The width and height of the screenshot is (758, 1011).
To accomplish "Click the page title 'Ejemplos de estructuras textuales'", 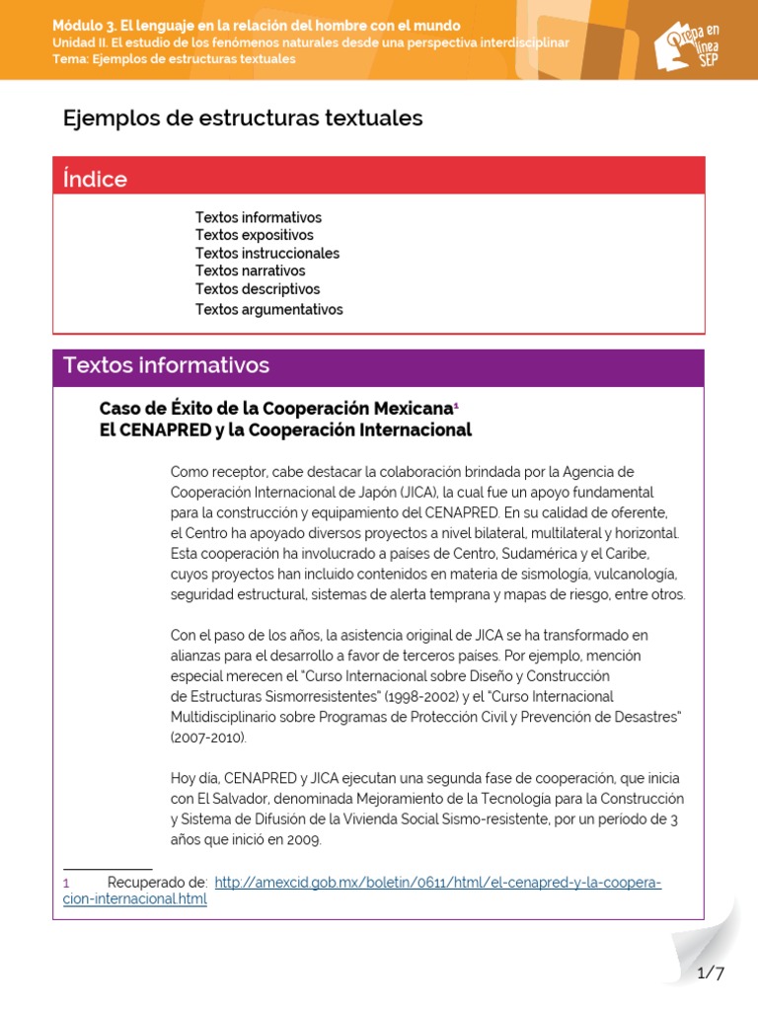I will [243, 118].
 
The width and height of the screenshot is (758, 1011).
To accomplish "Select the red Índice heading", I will [95, 179].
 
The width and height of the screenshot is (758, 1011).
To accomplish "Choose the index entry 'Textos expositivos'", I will [254, 235].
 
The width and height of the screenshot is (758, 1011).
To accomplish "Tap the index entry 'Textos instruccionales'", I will [266, 253].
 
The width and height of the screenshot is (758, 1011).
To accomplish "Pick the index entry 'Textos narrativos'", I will [250, 271].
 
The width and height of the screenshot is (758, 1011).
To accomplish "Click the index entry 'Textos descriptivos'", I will [257, 289].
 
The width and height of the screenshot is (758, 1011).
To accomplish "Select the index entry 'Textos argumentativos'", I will [268, 309].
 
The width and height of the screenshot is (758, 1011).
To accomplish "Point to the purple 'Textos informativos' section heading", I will [166, 365].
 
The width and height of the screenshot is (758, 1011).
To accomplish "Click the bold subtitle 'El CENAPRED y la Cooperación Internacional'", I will [285, 430].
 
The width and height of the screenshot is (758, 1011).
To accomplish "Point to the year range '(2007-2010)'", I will [208, 738].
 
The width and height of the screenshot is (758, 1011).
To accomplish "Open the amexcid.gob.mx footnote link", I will [437, 883].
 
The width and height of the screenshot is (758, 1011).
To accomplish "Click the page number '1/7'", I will [711, 973].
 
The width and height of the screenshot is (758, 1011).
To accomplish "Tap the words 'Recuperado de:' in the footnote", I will [157, 883].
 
